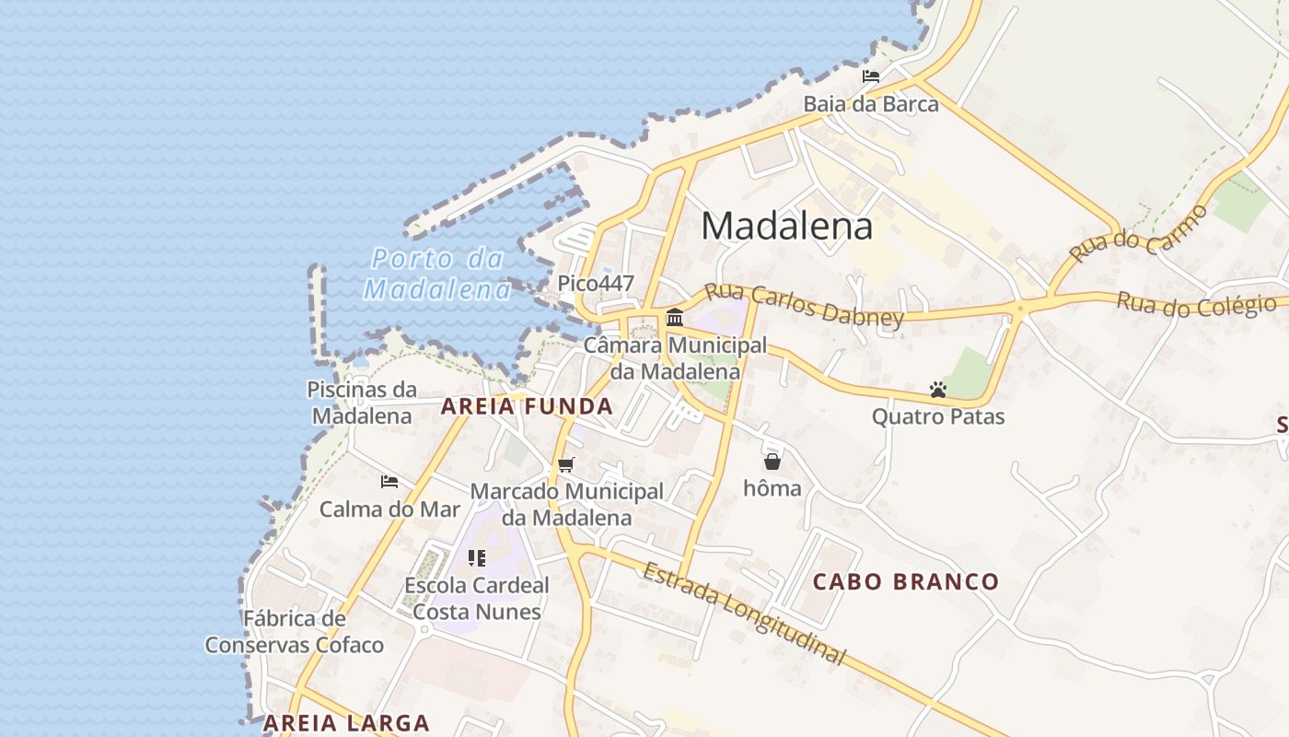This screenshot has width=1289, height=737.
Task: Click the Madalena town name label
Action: pyautogui.click(x=787, y=226)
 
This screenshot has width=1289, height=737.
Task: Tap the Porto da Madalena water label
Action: pyautogui.click(x=438, y=274)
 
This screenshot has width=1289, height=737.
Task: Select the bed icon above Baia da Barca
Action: pyautogui.click(x=870, y=76)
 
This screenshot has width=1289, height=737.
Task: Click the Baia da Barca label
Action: pyautogui.click(x=871, y=104)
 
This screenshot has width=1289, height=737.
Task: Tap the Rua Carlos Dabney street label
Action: pyautogui.click(x=804, y=305)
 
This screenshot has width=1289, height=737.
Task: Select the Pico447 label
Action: pyautogui.click(x=596, y=283)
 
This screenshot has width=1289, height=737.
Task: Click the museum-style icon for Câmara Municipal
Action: pyautogui.click(x=675, y=318)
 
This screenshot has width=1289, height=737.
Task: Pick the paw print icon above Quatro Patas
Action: pyautogui.click(x=938, y=391)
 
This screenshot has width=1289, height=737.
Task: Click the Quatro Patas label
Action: pyautogui.click(x=938, y=417)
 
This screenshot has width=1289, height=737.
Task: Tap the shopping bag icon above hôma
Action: pyautogui.click(x=772, y=462)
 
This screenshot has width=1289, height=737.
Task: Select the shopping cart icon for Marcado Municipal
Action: pyautogui.click(x=566, y=465)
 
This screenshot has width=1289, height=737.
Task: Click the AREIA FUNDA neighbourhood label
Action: pyautogui.click(x=527, y=406)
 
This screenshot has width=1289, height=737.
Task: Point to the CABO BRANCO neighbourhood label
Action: pyautogui.click(x=906, y=582)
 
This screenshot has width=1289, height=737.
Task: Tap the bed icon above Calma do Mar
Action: pyautogui.click(x=389, y=482)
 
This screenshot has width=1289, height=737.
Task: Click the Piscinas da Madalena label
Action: pyautogui.click(x=362, y=403)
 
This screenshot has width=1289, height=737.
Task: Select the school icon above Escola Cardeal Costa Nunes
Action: pyautogui.click(x=476, y=558)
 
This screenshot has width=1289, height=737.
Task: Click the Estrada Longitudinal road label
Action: pyautogui.click(x=743, y=613)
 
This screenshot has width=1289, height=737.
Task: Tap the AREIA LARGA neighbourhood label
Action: pyautogui.click(x=347, y=723)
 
